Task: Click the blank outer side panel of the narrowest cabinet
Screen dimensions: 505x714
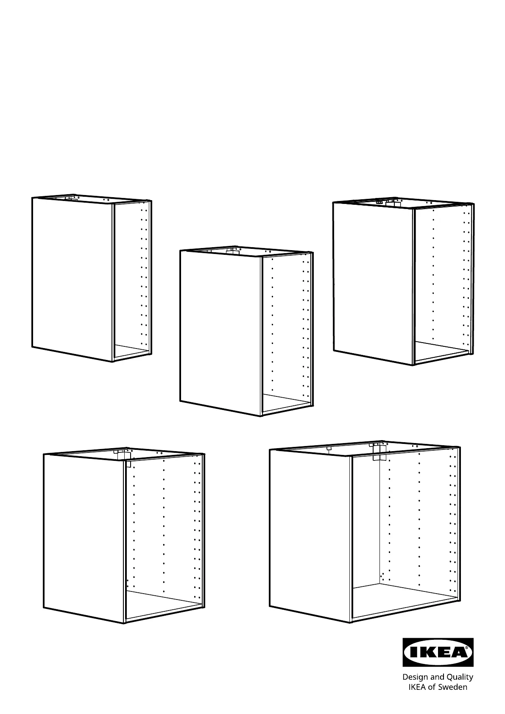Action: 73,279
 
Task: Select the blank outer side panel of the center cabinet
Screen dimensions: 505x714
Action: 220,332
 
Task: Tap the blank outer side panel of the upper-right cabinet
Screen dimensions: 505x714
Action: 373,283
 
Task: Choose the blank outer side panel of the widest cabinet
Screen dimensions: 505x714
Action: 310,535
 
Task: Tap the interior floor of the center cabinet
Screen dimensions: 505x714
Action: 286,403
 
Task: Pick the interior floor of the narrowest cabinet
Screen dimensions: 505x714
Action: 131,351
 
